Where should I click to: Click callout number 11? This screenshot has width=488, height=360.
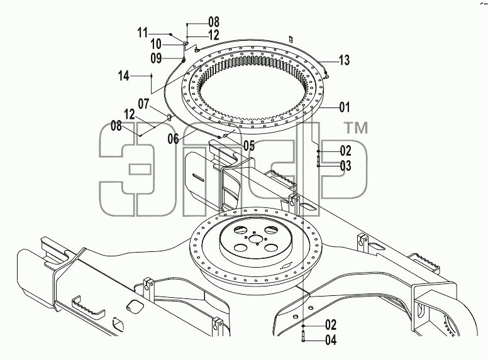(143, 32)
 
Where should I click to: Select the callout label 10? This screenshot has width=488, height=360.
(156, 45)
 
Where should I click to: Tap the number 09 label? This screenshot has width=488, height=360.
(156, 58)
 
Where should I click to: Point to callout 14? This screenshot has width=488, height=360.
(123, 75)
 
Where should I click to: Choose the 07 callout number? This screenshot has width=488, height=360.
(144, 104)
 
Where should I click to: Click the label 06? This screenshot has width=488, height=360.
(174, 139)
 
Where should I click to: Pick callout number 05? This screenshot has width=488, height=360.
(249, 145)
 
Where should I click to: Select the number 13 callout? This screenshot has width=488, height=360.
(344, 60)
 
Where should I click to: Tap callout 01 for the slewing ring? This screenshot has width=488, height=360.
(345, 107)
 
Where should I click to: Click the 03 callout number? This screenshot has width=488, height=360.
(345, 166)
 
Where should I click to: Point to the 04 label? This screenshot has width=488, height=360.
(331, 340)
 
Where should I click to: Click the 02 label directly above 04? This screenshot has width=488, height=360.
(331, 325)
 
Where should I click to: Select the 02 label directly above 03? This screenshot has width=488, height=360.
(345, 151)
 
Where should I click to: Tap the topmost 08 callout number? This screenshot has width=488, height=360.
(214, 22)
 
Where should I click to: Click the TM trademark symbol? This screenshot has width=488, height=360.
(355, 128)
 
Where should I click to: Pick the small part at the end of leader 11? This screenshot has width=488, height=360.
(170, 34)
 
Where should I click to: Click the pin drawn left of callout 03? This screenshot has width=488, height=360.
(318, 161)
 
